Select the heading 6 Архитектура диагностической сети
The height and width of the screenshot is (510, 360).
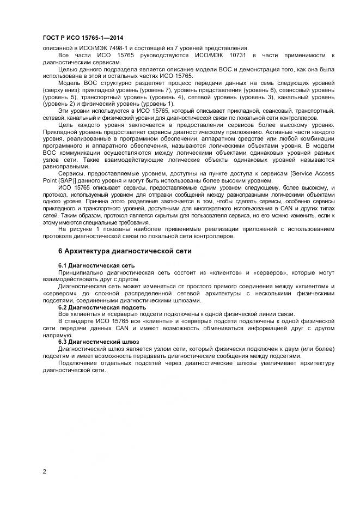click(124, 251)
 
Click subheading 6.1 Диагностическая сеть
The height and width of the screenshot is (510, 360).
click(96, 265)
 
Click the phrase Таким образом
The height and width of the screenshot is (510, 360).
click(75, 216)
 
